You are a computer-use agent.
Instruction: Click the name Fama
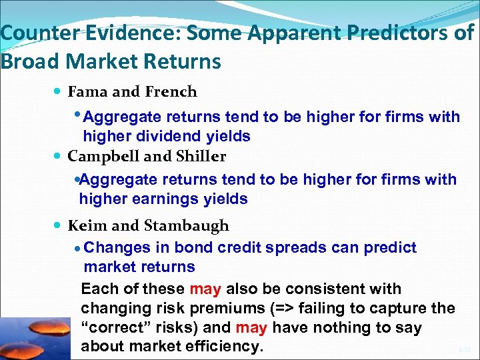point(87,92)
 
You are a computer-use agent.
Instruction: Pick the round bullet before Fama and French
point(59,92)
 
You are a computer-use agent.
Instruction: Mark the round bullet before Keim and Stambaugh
point(59,226)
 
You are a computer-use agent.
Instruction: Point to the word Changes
point(118,248)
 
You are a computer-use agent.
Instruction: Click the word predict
point(390,248)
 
